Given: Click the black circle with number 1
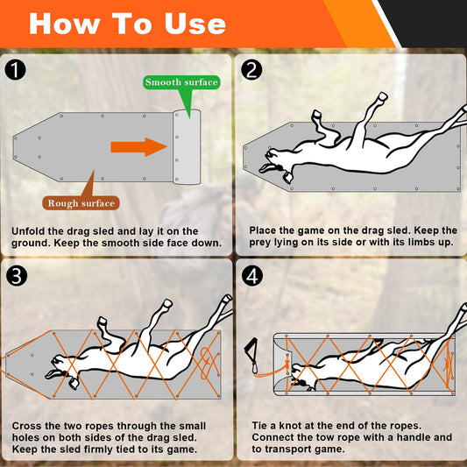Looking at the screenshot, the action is tap(15, 70).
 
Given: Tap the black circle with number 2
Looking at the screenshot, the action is tap(251, 70).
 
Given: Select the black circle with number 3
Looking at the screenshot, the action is tap(17, 276).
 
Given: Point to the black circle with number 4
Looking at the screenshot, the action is tap(252, 276).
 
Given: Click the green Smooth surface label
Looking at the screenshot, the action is tap(181, 82).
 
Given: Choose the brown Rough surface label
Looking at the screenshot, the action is tap(81, 203).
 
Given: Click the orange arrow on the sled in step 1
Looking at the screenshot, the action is tap(138, 147).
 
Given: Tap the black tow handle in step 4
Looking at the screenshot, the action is tap(251, 349).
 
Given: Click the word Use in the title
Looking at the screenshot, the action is tap(195, 24).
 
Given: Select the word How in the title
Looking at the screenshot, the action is tap(64, 24).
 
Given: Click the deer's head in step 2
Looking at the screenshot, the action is tap(275, 163).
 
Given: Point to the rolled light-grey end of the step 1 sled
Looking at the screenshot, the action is tap(187, 147).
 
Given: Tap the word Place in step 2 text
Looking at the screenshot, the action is tap(261, 230).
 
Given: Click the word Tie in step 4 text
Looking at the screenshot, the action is tap(259, 426).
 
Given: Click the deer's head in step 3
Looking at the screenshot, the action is tap(62, 371).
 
